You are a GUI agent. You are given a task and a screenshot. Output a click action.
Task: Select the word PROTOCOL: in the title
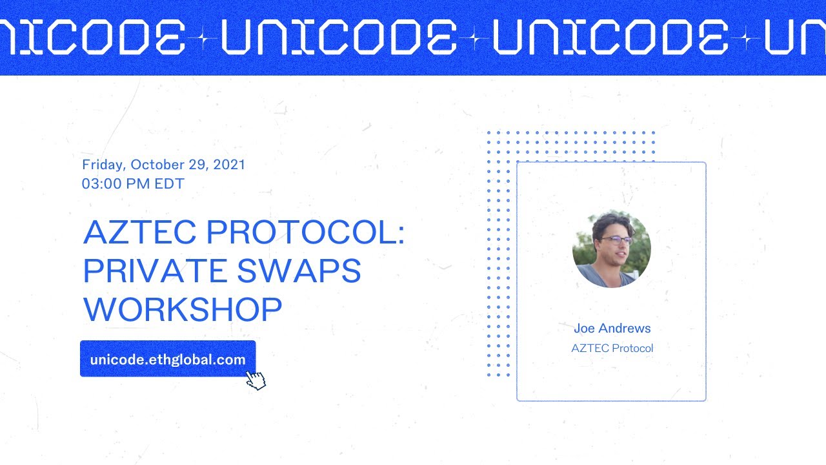[305, 232]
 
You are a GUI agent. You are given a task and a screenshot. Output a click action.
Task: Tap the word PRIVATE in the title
[155, 271]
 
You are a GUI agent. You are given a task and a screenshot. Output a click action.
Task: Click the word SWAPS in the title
[299, 271]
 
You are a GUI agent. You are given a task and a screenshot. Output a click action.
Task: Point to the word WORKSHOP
[183, 309]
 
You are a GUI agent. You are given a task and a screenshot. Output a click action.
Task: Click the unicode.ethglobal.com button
[167, 360]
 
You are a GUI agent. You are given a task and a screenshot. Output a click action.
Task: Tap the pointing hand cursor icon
[256, 380]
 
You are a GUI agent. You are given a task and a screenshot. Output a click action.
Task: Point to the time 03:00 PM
[116, 184]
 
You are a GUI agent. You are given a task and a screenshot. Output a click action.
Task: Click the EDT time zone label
[169, 184]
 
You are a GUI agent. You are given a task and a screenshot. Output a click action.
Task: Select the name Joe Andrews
[612, 328]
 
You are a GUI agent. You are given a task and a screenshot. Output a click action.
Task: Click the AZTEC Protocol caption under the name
[612, 348]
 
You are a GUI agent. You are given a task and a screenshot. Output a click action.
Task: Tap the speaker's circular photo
[611, 249]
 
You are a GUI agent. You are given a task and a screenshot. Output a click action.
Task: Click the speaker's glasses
[616, 240]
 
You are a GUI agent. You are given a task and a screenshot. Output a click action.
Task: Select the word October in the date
[157, 165]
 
